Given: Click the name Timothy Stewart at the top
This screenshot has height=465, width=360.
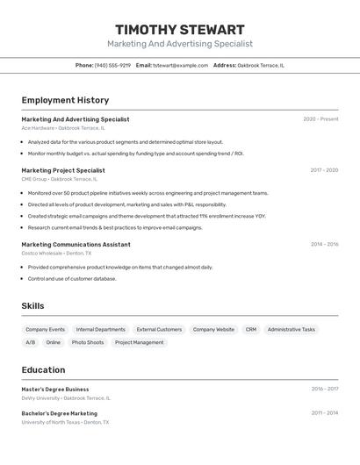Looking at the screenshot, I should coord(179,30).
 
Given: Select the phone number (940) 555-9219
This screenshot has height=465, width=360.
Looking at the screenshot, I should coord(112,65).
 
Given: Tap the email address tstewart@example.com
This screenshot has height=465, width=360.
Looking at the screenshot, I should coord(180,65).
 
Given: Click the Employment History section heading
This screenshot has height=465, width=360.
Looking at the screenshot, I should coord(65,100).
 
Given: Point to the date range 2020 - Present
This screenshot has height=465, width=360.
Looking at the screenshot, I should coord(320,119).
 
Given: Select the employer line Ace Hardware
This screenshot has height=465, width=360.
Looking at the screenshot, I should coord(62,128).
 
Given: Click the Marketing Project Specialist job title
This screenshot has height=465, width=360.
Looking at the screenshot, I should coord(62,170).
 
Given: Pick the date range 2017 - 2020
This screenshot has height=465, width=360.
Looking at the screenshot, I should coord(324,170).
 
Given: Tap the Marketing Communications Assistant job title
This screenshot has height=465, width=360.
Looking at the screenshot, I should coord(76,245).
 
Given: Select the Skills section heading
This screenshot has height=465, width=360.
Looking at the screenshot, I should coord(33,305).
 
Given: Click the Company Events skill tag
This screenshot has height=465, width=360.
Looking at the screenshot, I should coord(45,329).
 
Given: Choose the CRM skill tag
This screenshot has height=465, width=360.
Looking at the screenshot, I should coord(251,329).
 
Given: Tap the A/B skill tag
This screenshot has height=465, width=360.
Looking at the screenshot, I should coord(31,342).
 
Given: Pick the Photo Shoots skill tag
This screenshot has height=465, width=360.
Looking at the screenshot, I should coord(88,342).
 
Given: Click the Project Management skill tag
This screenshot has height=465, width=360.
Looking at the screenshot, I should coord(139,342).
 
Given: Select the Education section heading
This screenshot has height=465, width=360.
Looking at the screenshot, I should coord(43,369).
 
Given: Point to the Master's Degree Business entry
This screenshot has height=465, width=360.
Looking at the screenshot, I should coord(55,389).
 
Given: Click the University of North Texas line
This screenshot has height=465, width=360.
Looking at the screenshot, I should coord(65,422).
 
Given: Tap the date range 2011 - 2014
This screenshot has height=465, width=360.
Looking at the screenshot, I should coord(324,413).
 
